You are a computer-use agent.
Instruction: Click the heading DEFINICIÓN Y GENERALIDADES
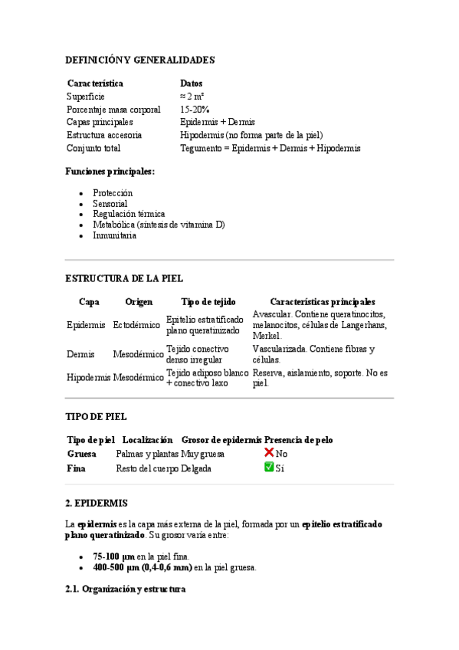tap(139, 60)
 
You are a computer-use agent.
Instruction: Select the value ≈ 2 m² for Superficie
tap(192, 96)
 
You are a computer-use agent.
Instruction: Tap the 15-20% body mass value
tap(195, 109)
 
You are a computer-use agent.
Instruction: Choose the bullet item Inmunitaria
tap(114, 236)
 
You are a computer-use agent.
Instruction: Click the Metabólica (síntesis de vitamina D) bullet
tap(159, 225)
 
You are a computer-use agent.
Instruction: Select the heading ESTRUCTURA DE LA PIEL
tap(124, 279)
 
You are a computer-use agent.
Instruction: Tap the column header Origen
tap(139, 302)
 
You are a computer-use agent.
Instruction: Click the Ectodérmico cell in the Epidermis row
tap(136, 325)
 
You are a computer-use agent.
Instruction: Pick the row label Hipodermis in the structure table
tap(88, 377)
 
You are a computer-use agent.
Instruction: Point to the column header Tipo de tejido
tap(208, 302)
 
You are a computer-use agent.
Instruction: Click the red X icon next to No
tap(269, 453)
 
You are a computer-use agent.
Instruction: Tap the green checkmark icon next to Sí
tap(269, 467)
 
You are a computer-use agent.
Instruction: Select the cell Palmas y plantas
tap(147, 454)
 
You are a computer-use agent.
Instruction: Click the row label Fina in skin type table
tap(76, 468)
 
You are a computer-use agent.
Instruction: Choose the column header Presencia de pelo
tap(299, 440)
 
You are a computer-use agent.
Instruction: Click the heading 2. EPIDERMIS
tap(97, 503)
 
